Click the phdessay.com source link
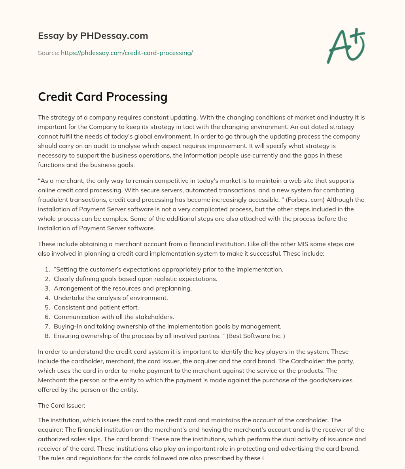coord(127,53)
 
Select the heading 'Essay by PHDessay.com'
coord(93,36)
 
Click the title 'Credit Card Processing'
coord(102,97)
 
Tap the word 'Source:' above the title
coord(48,53)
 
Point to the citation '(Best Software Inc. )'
coord(255,336)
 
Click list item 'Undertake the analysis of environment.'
coord(111,298)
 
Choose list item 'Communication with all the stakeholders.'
coord(114,317)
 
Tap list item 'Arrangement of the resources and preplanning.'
coord(123,288)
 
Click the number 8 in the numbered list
coord(47,336)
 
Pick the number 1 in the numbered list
coord(47,269)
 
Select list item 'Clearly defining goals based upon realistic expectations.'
coord(135,279)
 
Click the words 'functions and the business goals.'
coord(86,165)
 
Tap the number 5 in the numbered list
coord(47,307)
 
